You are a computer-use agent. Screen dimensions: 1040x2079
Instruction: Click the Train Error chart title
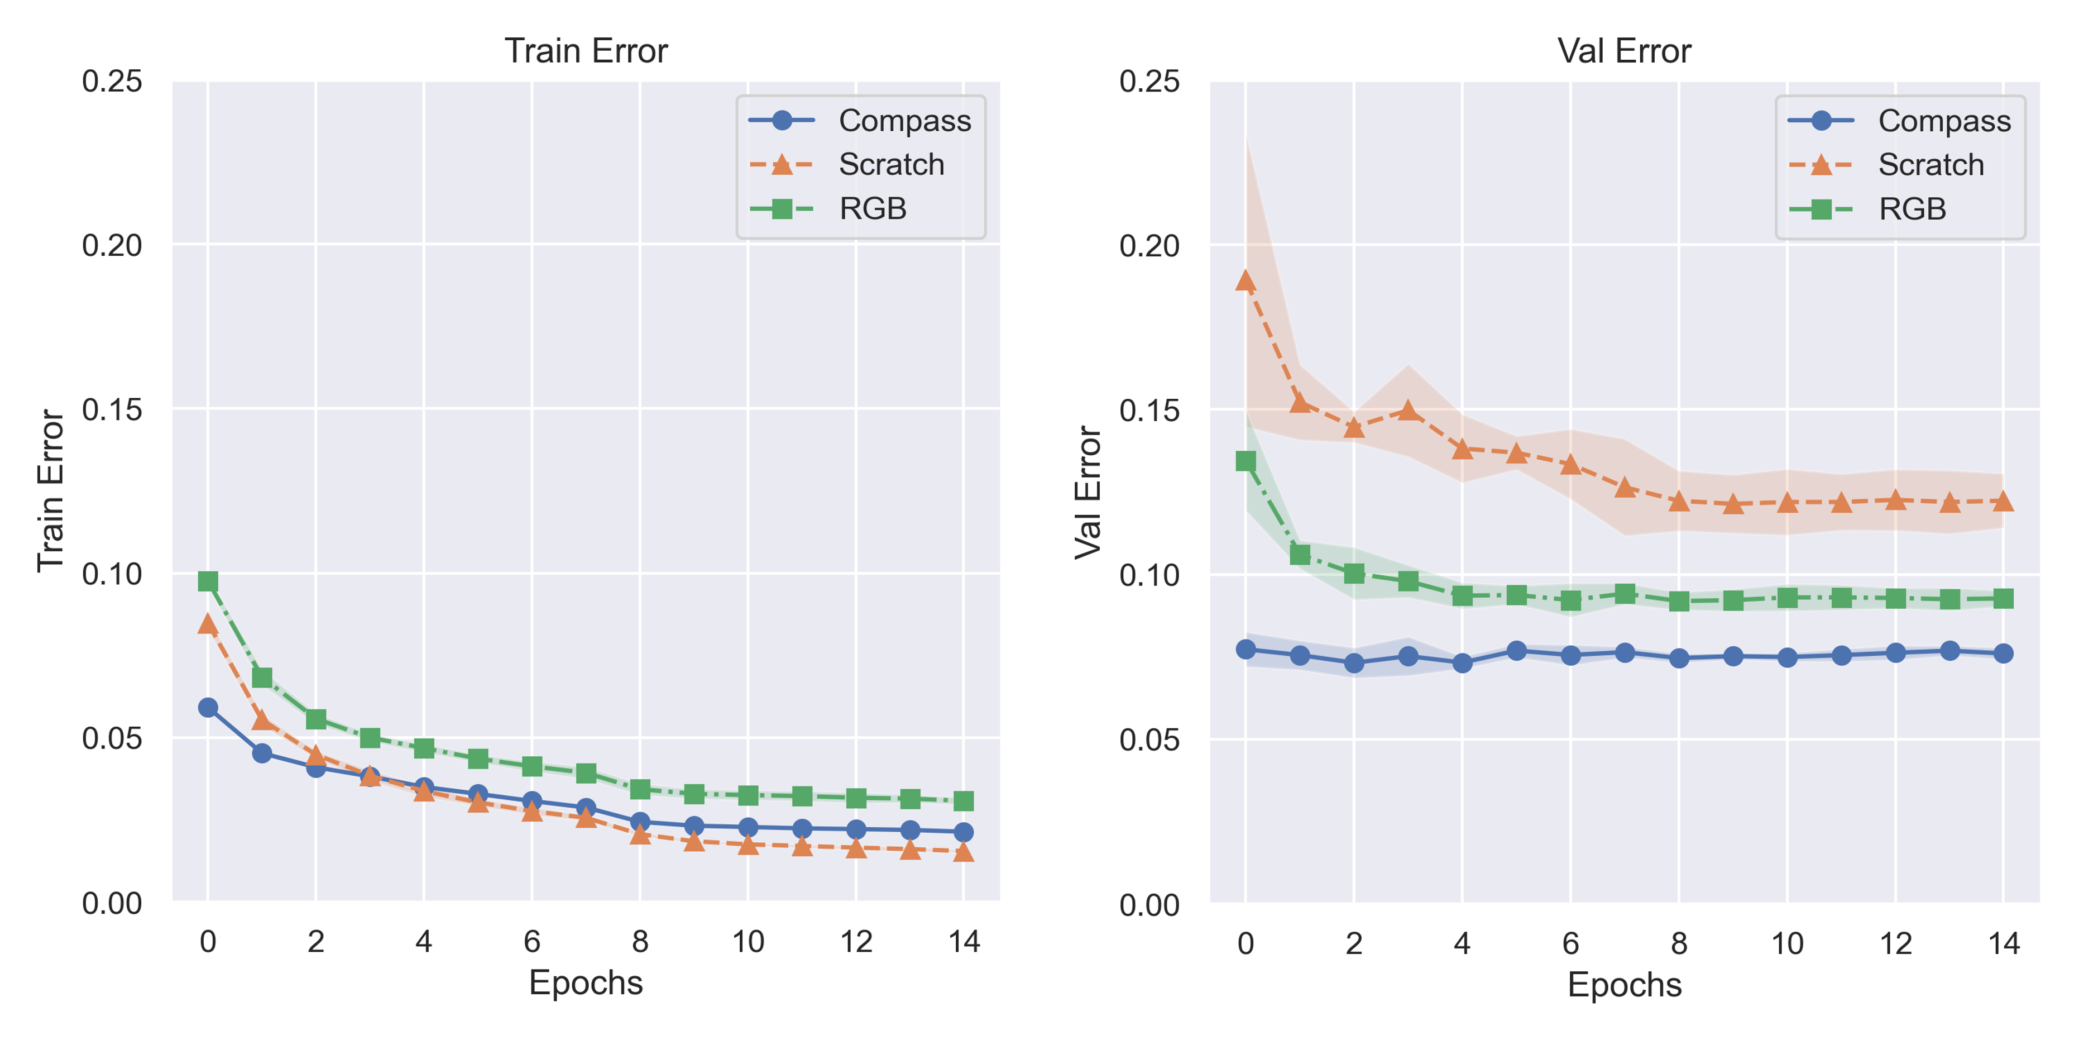tap(586, 51)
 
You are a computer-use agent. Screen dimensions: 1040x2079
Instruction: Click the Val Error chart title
tap(1624, 51)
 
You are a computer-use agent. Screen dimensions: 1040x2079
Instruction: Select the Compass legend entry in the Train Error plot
tap(904, 120)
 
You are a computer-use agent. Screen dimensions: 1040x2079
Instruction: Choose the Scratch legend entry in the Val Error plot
tap(1930, 165)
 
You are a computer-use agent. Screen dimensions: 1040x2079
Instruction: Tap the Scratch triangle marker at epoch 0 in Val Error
tap(1246, 281)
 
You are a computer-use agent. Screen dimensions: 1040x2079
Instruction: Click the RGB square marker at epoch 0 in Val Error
tap(1246, 461)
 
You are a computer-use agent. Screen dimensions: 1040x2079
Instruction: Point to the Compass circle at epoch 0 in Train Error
tap(208, 707)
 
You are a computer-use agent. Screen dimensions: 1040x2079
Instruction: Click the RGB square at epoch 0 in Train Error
tap(208, 581)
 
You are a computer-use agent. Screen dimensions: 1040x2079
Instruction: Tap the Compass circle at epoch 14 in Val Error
tap(2003, 653)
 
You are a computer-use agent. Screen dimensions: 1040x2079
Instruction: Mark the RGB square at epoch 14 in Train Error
tap(964, 801)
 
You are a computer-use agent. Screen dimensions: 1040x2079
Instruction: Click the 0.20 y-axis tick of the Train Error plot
tap(112, 245)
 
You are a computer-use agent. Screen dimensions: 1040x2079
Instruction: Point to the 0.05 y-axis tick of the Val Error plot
tap(1149, 740)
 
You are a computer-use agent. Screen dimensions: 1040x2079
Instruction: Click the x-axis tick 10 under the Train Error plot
tap(748, 942)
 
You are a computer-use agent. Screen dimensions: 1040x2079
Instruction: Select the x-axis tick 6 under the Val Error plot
tap(1570, 943)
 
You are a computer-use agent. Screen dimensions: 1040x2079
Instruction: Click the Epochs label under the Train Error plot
tap(586, 982)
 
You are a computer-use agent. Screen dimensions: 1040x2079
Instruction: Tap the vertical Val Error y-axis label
tap(1088, 493)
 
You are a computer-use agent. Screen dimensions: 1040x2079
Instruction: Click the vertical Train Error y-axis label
tap(50, 491)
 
